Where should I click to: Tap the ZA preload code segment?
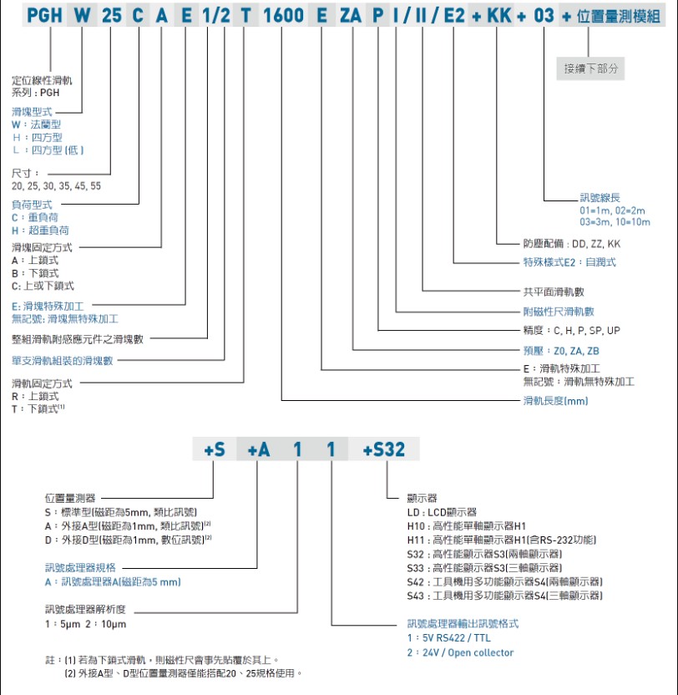pos(352,16)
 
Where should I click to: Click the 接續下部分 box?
pos(592,68)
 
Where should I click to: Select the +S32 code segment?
pos(385,449)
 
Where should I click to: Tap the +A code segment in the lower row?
pos(260,449)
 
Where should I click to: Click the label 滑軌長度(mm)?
pos(555,402)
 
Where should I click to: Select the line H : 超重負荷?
pos(40,230)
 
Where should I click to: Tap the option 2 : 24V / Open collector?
pos(460,652)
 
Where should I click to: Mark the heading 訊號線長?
pos(600,198)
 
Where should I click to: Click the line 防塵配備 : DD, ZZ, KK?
pos(572,244)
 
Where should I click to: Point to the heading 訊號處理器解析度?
pos(84,608)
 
